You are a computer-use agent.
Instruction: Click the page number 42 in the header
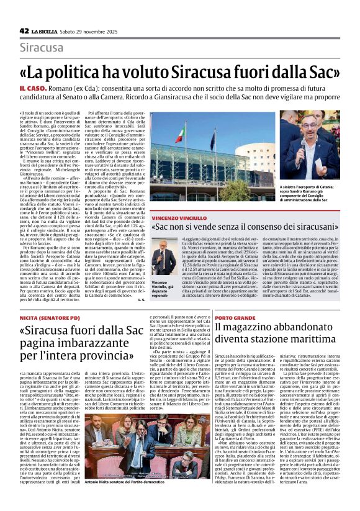point(24,30)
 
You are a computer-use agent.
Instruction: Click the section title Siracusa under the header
point(42,47)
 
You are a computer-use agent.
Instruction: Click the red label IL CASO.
point(48,90)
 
